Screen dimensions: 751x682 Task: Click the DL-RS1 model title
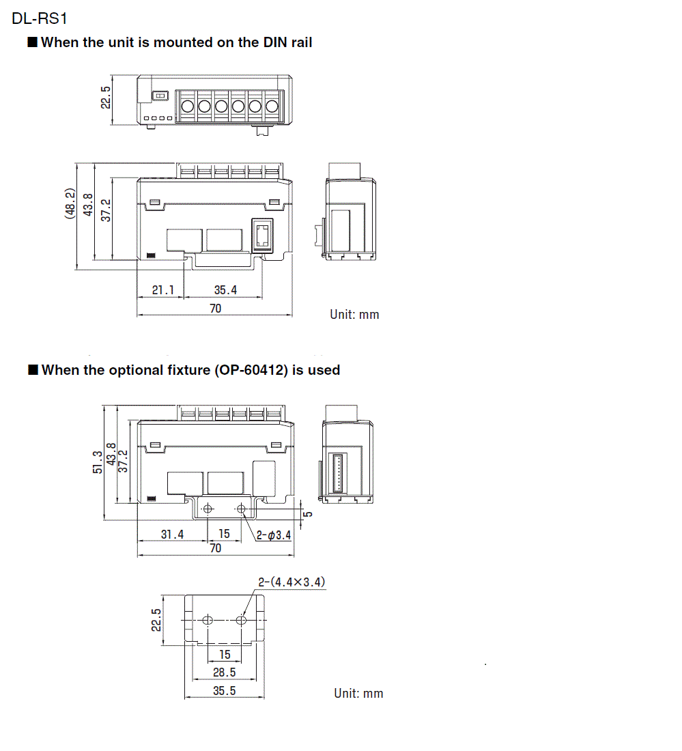(39, 18)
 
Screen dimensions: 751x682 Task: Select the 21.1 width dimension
(163, 290)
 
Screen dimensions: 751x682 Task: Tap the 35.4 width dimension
(225, 290)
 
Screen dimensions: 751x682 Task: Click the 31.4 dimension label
(172, 535)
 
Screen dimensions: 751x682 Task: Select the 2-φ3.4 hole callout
(274, 535)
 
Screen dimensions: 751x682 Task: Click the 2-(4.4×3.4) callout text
(292, 582)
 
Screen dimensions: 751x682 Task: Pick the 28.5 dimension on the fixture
(224, 672)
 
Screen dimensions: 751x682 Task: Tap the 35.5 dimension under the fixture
(224, 690)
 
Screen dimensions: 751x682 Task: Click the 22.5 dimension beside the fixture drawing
(156, 620)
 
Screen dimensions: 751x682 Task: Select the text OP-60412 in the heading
(251, 370)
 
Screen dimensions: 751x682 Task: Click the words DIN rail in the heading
(287, 42)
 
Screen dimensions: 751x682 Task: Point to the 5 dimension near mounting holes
(308, 514)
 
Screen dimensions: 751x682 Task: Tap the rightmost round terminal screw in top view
(271, 107)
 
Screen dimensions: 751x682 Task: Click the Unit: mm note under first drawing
(354, 315)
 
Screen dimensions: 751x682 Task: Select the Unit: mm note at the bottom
(358, 693)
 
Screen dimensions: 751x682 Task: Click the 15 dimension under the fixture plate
(225, 654)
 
